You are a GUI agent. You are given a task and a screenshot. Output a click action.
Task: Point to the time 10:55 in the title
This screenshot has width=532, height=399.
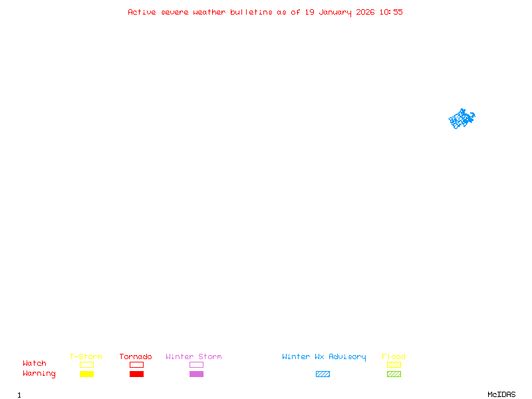(x=391, y=12)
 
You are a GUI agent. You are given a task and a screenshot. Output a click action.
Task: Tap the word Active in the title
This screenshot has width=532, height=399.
(x=142, y=12)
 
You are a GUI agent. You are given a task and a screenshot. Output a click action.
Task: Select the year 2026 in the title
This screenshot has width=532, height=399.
(x=365, y=12)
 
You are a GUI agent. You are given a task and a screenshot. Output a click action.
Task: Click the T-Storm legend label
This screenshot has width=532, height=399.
(x=86, y=356)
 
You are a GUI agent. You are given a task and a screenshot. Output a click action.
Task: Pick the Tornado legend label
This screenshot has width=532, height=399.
(x=136, y=356)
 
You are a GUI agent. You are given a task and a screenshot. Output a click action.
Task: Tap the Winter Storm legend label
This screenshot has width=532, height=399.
(x=194, y=356)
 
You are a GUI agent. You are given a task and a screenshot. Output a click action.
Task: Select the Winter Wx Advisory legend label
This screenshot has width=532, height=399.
(x=324, y=356)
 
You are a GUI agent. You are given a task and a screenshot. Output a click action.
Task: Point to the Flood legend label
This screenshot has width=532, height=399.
(x=394, y=356)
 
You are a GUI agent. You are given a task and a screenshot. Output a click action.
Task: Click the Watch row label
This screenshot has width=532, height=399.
(x=35, y=364)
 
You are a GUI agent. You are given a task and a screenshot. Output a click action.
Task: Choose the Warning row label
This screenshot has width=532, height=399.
(x=39, y=374)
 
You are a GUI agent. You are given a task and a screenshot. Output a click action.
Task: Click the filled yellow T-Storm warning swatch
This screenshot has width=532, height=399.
(x=86, y=374)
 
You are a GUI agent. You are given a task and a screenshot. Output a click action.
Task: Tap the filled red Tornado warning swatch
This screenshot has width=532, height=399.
(x=136, y=374)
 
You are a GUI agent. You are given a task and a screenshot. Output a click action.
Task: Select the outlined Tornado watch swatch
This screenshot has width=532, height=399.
(x=136, y=364)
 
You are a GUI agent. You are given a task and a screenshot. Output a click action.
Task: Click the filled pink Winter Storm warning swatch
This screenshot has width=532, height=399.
(x=196, y=374)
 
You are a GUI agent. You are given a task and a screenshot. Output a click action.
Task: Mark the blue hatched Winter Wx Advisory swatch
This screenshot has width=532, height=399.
(x=323, y=374)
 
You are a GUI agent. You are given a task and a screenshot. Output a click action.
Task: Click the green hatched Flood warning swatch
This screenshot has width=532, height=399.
(x=394, y=374)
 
